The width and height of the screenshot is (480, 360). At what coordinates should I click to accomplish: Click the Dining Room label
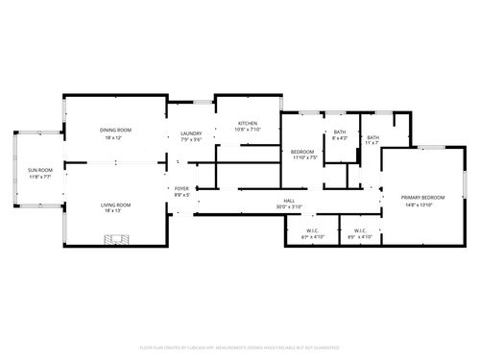pyautogui.click(x=117, y=130)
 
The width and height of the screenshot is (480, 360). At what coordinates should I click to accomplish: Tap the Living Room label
pyautogui.click(x=117, y=204)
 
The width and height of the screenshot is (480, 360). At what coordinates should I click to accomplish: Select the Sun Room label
pyautogui.click(x=39, y=170)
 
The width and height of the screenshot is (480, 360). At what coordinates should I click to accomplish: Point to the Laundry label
pyautogui.click(x=191, y=133)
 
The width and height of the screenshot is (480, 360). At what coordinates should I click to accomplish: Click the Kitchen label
pyautogui.click(x=248, y=124)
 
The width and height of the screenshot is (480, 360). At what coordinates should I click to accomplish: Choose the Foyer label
pyautogui.click(x=181, y=188)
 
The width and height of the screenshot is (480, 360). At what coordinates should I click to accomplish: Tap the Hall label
pyautogui.click(x=289, y=200)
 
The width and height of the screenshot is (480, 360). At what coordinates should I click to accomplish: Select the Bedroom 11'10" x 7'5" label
pyautogui.click(x=303, y=152)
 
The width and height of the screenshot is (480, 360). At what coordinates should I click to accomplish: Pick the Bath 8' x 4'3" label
pyautogui.click(x=340, y=132)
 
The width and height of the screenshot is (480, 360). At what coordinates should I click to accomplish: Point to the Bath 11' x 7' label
pyautogui.click(x=372, y=137)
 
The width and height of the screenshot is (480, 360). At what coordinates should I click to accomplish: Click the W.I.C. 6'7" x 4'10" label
pyautogui.click(x=313, y=230)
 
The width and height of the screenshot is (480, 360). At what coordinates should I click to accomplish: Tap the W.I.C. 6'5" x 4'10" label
pyautogui.click(x=360, y=230)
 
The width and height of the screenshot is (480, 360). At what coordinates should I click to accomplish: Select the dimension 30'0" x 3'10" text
pyautogui.click(x=289, y=206)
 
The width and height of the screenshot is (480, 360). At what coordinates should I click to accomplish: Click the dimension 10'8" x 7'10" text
pyautogui.click(x=248, y=131)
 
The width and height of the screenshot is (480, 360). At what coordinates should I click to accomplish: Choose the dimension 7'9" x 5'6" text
pyautogui.click(x=191, y=140)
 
